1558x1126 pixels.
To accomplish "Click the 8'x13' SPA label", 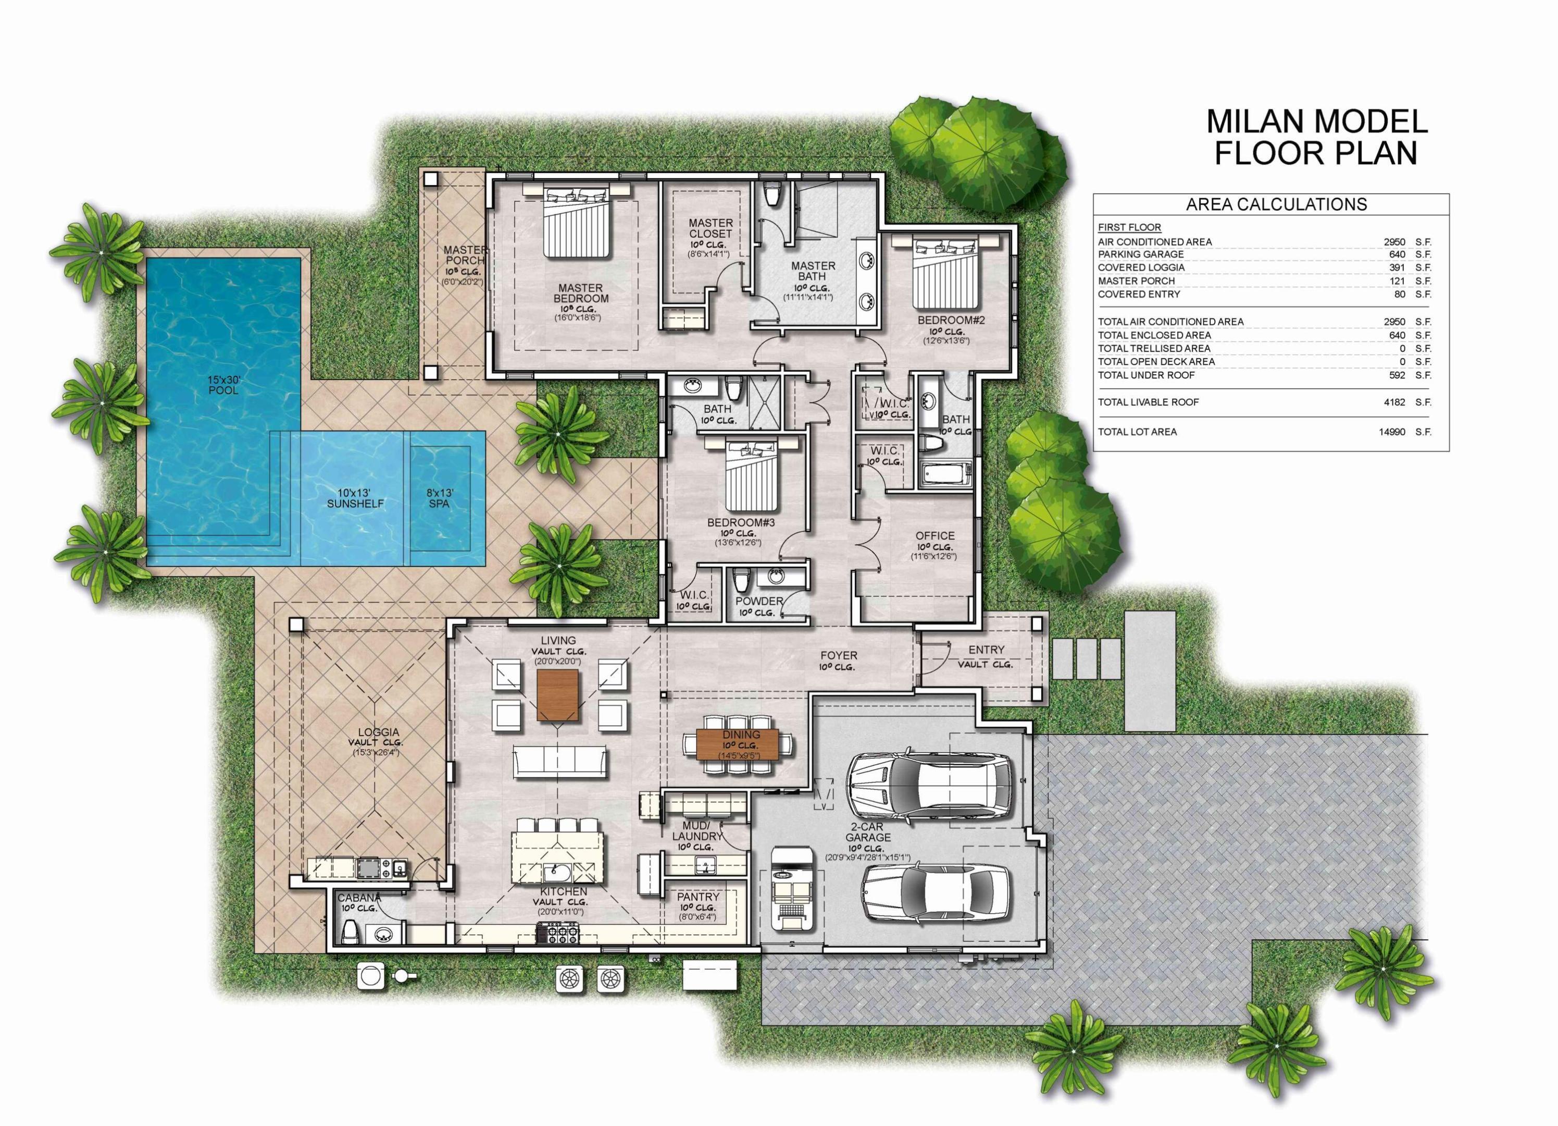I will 439,498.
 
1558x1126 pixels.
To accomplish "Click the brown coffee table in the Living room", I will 557,695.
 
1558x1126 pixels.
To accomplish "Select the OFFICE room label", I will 934,535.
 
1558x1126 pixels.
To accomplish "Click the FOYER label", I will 838,655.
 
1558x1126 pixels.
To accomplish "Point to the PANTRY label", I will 698,897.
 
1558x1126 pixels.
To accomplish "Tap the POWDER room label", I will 759,601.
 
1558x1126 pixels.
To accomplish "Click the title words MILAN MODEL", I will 1317,121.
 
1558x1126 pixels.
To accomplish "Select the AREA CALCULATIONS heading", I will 1276,204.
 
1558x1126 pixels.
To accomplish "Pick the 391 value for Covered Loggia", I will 1398,267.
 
